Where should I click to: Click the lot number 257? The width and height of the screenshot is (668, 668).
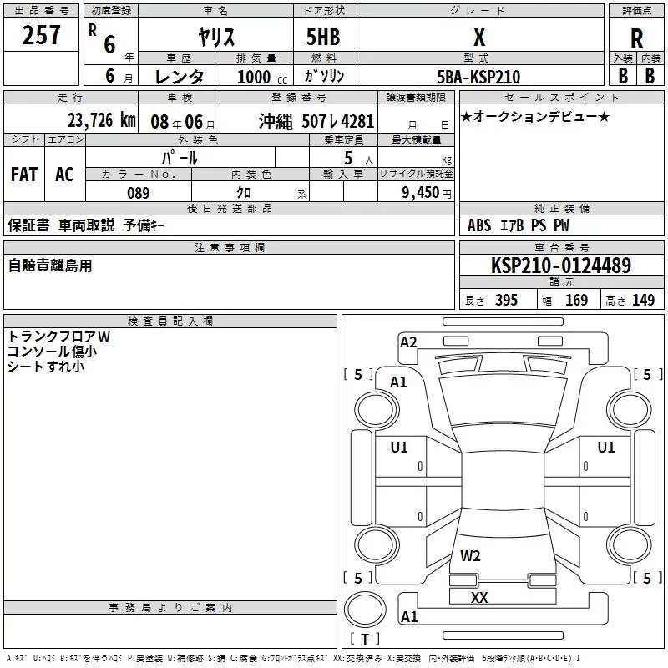(x=42, y=36)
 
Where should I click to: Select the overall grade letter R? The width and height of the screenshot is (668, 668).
(x=636, y=38)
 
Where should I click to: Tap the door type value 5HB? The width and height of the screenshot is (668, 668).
(x=322, y=37)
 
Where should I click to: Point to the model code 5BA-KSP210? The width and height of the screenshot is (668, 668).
(x=478, y=77)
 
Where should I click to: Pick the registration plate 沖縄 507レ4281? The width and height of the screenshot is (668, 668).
(x=316, y=120)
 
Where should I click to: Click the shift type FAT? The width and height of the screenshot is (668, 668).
(x=23, y=174)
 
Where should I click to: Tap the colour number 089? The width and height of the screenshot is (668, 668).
(x=138, y=193)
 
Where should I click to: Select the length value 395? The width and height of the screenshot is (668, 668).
(x=506, y=301)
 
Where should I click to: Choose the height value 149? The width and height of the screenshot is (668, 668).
(x=643, y=301)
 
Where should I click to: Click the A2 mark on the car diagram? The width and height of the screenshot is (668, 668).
(x=408, y=342)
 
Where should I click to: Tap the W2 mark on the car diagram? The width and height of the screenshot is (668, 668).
(x=470, y=555)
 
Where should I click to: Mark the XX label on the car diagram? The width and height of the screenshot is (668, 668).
(x=478, y=598)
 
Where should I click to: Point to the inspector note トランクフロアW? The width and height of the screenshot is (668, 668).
(x=58, y=337)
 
